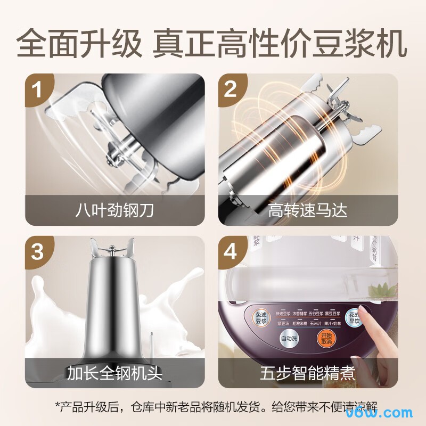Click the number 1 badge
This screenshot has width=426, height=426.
[37, 89]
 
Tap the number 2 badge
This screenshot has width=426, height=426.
[231, 89]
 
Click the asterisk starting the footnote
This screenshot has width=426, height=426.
[59, 406]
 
